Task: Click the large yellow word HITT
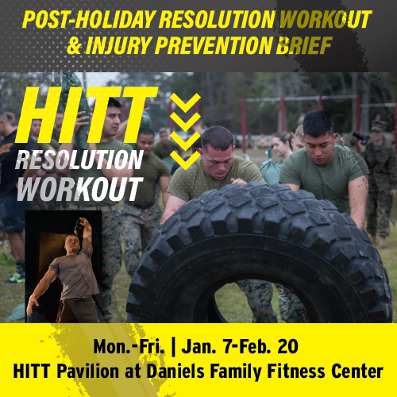(86, 116)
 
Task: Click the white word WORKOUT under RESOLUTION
(79, 188)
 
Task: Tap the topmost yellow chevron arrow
(184, 102)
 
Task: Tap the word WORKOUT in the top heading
(322, 19)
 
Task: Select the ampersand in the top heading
(75, 46)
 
